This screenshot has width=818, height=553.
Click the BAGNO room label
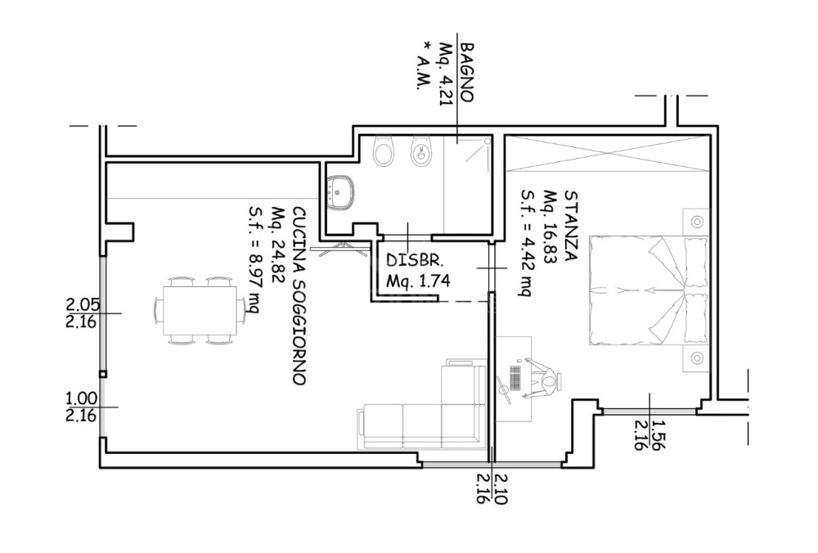click(466, 72)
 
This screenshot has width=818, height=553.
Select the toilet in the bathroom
click(384, 151)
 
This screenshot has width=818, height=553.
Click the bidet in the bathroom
click(420, 151)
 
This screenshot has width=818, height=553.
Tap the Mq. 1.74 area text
click(417, 281)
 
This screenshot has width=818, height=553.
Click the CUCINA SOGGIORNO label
click(299, 296)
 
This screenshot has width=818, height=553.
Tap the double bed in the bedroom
click(649, 290)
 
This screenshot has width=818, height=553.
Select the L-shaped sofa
click(423, 406)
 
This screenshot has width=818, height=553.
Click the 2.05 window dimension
click(82, 304)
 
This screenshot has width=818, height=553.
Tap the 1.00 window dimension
click(82, 398)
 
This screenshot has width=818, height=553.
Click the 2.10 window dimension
click(499, 488)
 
